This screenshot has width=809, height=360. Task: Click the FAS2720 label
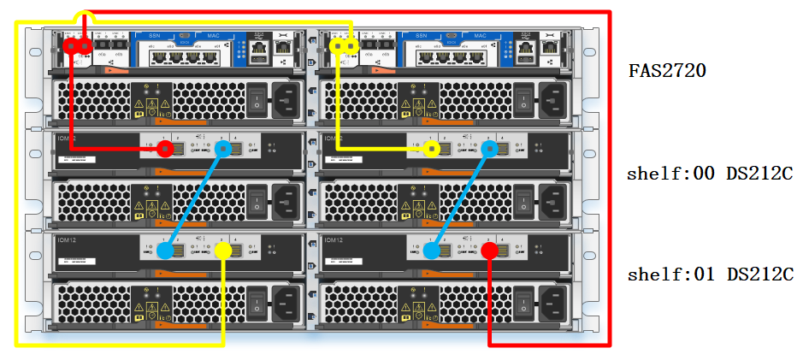(x=668, y=71)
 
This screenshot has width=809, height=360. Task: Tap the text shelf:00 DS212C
(x=710, y=174)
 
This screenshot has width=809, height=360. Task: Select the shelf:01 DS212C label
(x=710, y=274)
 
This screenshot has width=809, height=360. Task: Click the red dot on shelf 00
(x=166, y=149)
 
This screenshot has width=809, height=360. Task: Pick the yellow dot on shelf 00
(x=433, y=149)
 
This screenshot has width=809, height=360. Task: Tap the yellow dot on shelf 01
(x=223, y=251)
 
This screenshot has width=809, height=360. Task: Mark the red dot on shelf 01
(x=489, y=251)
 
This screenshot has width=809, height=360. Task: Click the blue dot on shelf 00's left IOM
(x=224, y=149)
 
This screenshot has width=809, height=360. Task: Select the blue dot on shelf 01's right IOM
(x=432, y=251)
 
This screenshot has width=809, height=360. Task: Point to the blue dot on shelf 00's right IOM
(x=490, y=149)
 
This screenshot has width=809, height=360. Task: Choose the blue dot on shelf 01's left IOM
(x=166, y=251)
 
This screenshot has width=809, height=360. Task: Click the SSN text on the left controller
(x=154, y=36)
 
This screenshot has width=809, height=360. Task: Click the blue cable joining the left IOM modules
(x=195, y=200)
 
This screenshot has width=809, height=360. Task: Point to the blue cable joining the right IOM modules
(x=461, y=200)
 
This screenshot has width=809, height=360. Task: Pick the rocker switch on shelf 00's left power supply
(x=257, y=202)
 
